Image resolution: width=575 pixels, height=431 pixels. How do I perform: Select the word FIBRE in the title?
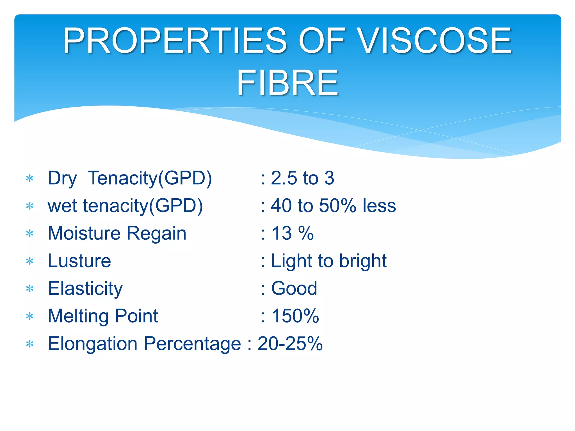click(x=287, y=83)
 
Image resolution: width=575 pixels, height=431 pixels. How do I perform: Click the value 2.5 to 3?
click(x=302, y=178)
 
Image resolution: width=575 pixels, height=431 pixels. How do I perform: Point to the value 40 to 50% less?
click(x=333, y=206)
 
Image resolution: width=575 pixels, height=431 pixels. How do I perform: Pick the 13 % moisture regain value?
click(x=293, y=233)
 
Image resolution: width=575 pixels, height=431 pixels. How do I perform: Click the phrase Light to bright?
click(x=328, y=261)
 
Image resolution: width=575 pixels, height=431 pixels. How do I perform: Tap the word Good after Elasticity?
click(x=294, y=288)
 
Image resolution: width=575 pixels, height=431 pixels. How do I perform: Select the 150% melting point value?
click(x=295, y=316)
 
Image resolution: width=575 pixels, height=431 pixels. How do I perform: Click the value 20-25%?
click(x=290, y=343)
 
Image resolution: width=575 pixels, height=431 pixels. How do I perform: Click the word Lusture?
click(x=79, y=261)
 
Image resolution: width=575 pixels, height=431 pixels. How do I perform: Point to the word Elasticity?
click(x=85, y=288)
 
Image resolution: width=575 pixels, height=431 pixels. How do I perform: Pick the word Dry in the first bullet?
click(x=62, y=178)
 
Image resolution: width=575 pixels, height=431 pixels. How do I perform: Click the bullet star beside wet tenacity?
click(x=29, y=206)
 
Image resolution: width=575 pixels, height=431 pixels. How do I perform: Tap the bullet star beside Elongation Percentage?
click(x=29, y=344)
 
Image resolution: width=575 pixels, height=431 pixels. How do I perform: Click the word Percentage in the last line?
click(x=192, y=343)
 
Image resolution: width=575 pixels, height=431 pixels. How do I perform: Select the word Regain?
click(x=156, y=234)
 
